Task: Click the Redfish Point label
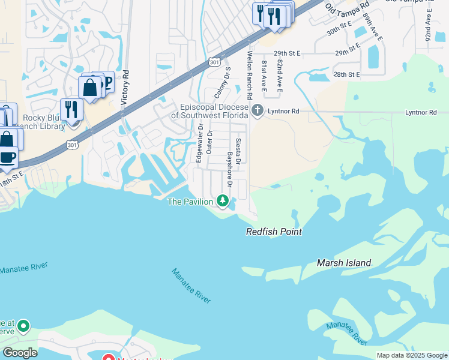click(274, 232)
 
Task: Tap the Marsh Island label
click(344, 263)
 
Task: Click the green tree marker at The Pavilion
click(223, 200)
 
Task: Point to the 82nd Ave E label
click(279, 76)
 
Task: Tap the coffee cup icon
click(7, 158)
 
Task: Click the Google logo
click(20, 352)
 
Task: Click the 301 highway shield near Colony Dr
click(214, 62)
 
